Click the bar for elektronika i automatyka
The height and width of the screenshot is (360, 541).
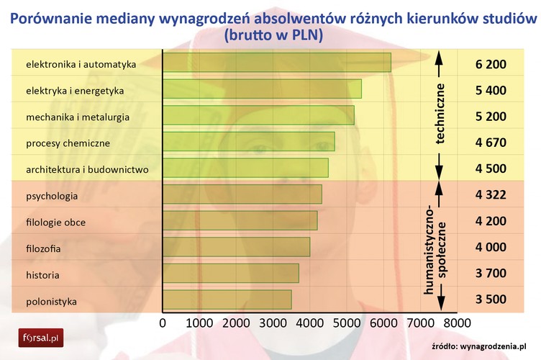(277, 63)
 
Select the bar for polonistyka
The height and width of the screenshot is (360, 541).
(227, 300)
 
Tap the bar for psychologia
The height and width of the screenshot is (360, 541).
(242, 194)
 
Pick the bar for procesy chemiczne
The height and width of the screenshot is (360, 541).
(249, 142)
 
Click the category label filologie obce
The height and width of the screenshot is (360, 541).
(55, 222)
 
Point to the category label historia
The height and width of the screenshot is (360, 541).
(42, 274)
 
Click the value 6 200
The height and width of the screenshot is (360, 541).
(491, 64)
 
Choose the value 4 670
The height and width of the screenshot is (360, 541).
(491, 143)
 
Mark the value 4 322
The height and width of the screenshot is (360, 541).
(491, 195)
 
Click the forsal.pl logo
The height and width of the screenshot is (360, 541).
(41, 336)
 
